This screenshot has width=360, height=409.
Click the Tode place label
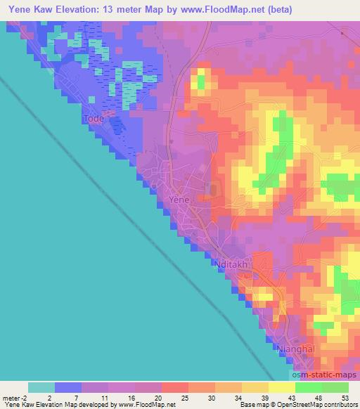tap(94, 119)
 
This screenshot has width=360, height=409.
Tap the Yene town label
tap(180, 200)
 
